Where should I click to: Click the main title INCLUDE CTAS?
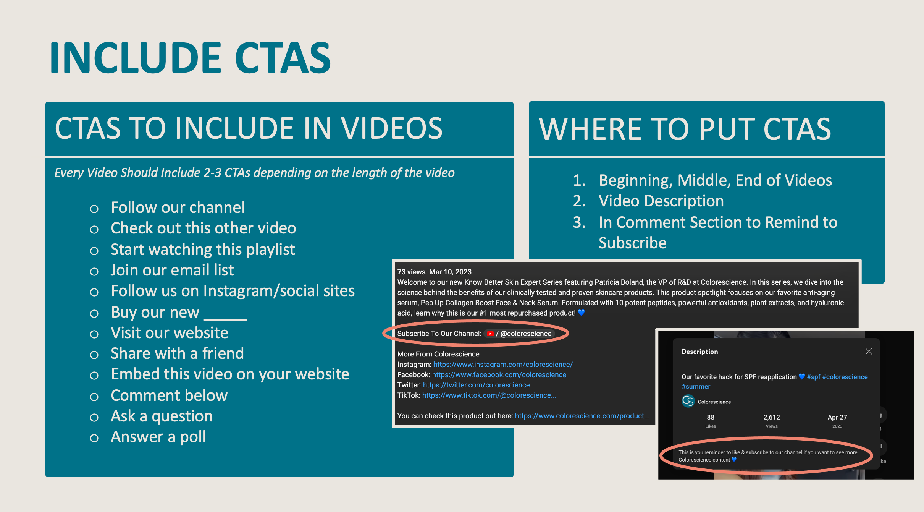point(190,58)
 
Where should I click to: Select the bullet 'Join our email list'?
point(172,270)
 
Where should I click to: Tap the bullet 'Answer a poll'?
point(158,437)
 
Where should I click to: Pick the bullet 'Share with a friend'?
point(177,353)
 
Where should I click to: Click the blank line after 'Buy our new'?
point(225,319)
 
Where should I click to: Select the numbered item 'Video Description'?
point(661,201)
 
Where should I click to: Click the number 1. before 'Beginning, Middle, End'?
point(579,180)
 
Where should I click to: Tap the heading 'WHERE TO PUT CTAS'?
point(685,129)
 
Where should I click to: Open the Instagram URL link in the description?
point(503,365)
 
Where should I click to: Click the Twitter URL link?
point(476,385)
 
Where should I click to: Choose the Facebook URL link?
point(499,375)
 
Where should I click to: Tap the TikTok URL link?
point(489,395)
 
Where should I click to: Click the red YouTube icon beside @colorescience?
point(490,334)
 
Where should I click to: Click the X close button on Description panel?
point(869,352)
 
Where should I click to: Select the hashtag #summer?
point(696,387)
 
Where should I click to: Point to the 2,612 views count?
point(772,417)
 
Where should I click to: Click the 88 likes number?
point(711,417)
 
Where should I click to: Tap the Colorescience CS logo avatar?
point(688,401)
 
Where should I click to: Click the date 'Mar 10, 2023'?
point(450,272)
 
